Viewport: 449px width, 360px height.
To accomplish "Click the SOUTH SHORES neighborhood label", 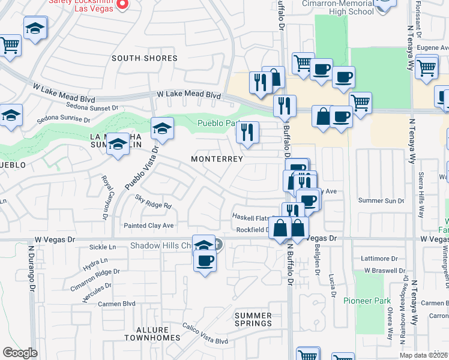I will pyautogui.click(x=144, y=58).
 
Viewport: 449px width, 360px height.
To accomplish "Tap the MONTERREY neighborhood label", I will pyautogui.click(x=217, y=159).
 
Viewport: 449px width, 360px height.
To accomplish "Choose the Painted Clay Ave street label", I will pyautogui.click(x=148, y=226).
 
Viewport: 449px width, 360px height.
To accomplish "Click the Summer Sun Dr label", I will pyautogui.click(x=381, y=200).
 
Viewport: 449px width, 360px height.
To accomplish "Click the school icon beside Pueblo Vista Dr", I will pyautogui.click(x=162, y=127).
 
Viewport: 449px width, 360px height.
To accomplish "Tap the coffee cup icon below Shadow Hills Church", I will pyautogui.click(x=205, y=261).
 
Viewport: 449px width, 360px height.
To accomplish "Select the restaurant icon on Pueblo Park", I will pyautogui.click(x=247, y=132).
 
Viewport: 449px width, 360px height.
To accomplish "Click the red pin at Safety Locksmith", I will pyautogui.click(x=122, y=4).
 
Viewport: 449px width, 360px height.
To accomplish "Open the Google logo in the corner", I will pyautogui.click(x=20, y=353).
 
